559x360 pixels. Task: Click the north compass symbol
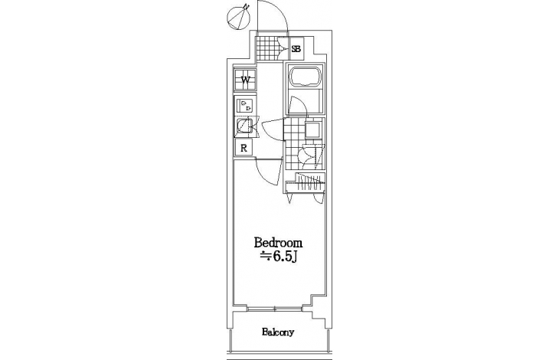(238, 18)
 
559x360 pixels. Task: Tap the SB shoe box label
(296, 49)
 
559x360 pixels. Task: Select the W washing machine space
(245, 79)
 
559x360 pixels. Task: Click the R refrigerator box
(244, 148)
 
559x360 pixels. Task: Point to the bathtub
(306, 77)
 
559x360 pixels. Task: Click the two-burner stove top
(246, 105)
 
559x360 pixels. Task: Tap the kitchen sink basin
(244, 126)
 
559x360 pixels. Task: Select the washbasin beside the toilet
(313, 129)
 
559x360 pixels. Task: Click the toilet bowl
(306, 155)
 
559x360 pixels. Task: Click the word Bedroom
(278, 243)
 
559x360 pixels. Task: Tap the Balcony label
(278, 332)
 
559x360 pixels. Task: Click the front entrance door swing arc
(273, 15)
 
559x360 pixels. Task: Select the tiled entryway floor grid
(266, 48)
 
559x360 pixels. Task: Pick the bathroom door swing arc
(297, 106)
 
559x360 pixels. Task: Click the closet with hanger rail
(306, 182)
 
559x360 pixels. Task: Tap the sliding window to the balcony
(274, 308)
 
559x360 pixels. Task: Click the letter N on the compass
(246, 6)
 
